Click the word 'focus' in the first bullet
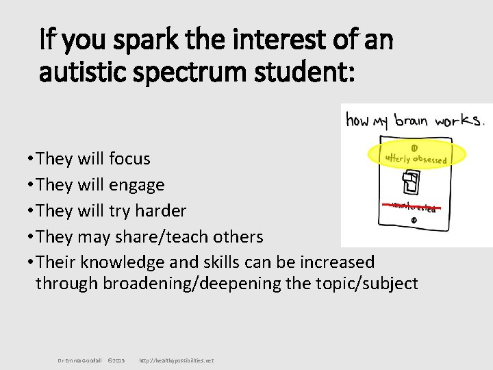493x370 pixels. pyautogui.click(x=129, y=158)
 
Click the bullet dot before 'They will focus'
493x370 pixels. pyautogui.click(x=31, y=159)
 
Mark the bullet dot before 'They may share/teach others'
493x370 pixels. pyautogui.click(x=31, y=237)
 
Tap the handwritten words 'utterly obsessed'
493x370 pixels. pyautogui.click(x=416, y=158)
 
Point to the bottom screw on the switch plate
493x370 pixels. pyautogui.click(x=414, y=221)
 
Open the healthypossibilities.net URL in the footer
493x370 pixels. pyautogui.click(x=176, y=360)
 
